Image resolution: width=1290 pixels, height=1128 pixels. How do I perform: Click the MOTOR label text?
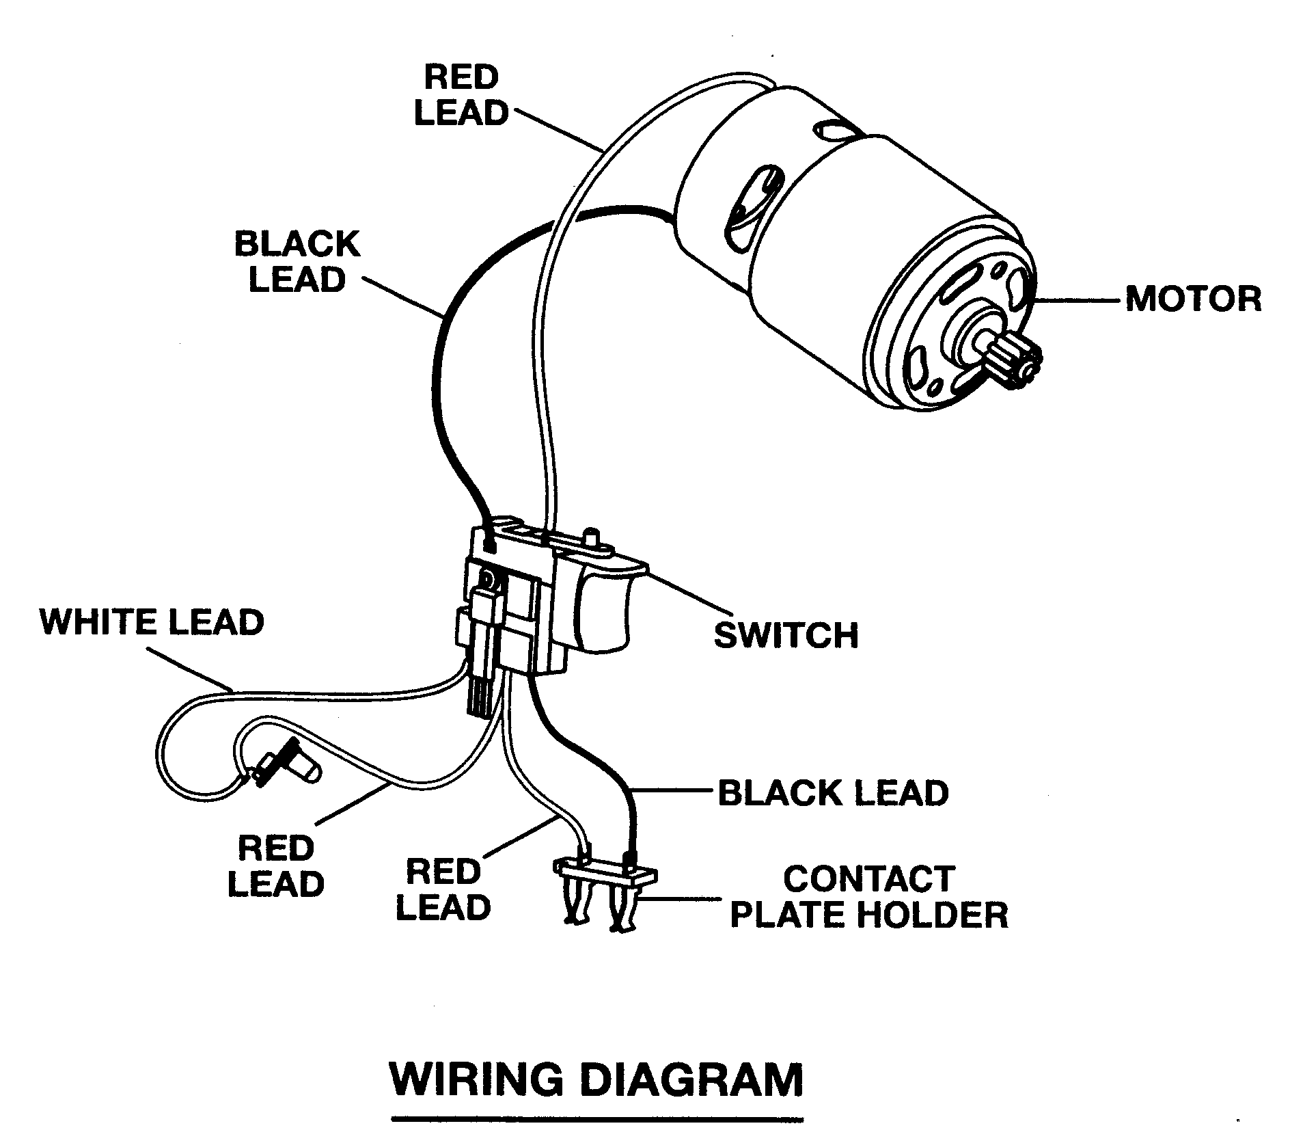point(1193,299)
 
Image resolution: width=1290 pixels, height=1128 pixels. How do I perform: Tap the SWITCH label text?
point(786,634)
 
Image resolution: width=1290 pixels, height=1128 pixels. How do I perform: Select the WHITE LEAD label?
point(152,621)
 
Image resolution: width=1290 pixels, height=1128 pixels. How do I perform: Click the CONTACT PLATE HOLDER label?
point(869,896)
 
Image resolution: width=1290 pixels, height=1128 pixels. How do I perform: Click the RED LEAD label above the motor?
point(462,95)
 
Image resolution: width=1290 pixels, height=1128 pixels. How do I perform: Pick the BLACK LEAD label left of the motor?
point(297,262)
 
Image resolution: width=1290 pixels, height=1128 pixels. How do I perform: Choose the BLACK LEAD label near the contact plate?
point(833,792)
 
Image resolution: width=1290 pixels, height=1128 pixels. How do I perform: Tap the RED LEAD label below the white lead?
point(275,866)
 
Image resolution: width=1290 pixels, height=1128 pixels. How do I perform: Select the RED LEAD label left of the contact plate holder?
point(443,889)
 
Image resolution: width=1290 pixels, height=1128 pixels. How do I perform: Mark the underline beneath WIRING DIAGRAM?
point(596,1119)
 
